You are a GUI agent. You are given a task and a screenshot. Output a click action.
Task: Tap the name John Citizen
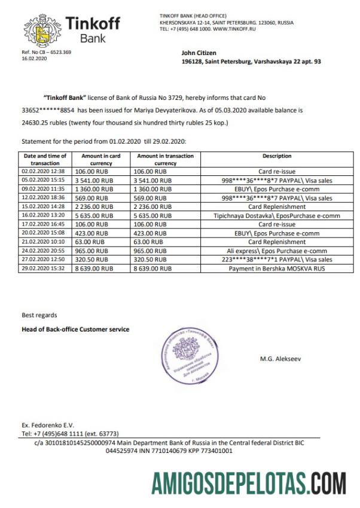coord(198,53)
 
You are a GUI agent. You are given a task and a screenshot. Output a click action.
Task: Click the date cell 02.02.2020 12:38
coord(44,171)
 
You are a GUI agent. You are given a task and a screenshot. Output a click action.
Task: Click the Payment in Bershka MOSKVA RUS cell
coord(276,269)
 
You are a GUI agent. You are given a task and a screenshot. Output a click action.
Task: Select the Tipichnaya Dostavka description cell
coord(276,215)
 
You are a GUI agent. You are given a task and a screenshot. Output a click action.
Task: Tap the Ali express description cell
coord(276,251)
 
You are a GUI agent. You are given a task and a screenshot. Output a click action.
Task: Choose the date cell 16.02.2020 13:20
coord(44,215)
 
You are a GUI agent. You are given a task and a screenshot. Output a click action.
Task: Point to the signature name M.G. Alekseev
coord(281,359)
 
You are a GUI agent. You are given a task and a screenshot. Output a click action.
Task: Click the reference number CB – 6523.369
coord(46,52)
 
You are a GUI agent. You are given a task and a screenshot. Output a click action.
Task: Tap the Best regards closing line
coord(39,314)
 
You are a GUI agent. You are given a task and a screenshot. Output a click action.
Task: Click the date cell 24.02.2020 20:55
coord(44,251)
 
